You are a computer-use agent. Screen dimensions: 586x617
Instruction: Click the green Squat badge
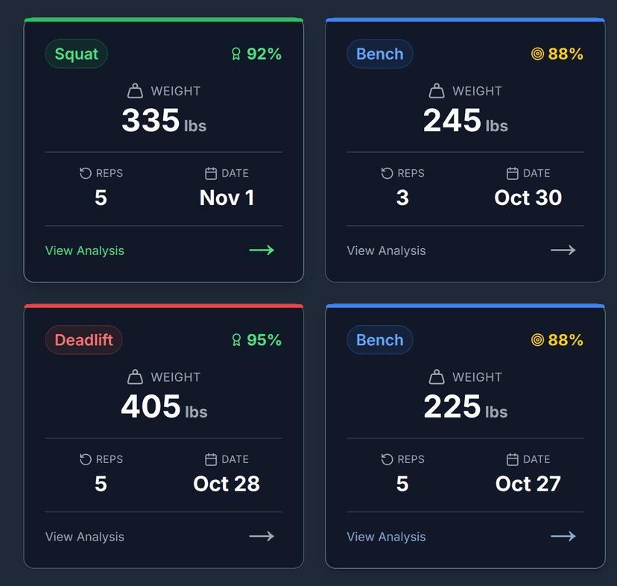[76, 54]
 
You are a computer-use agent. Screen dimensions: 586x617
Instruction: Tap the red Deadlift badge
[83, 340]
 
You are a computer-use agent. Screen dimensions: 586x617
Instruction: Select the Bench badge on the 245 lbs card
[379, 54]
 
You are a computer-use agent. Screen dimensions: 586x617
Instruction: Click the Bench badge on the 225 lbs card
[379, 340]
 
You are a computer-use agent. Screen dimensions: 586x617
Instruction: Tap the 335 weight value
[151, 121]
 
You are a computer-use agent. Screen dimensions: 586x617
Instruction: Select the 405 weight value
[151, 407]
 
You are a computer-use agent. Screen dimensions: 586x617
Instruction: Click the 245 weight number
[452, 121]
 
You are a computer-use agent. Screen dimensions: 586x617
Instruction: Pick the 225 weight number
[452, 407]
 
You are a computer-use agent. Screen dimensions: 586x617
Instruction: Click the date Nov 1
[227, 198]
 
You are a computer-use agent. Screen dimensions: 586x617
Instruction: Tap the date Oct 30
[528, 198]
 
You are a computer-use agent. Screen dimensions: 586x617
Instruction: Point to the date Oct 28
[227, 484]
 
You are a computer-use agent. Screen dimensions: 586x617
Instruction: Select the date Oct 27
[528, 484]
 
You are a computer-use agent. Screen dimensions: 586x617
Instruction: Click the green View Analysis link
[85, 251]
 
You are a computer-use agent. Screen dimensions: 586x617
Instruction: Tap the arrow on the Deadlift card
[262, 536]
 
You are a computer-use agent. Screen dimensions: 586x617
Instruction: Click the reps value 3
[402, 198]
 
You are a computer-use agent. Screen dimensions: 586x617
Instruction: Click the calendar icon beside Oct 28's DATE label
[211, 459]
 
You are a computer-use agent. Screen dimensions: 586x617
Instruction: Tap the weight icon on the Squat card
[135, 91]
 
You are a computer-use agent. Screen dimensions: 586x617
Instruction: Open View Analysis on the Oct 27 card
[386, 537]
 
